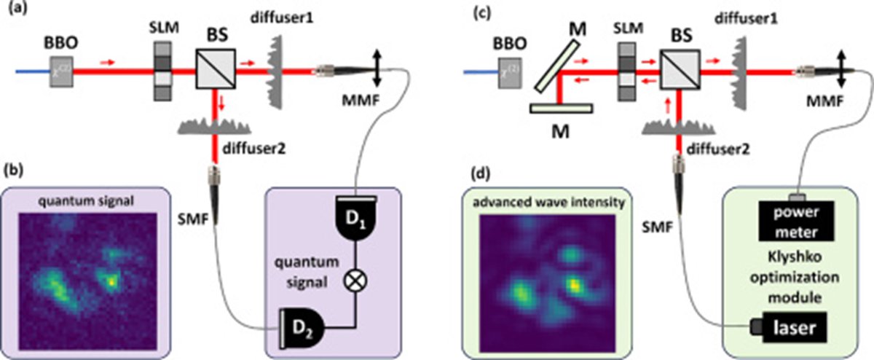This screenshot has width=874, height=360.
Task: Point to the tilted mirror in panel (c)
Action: click(558, 63)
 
